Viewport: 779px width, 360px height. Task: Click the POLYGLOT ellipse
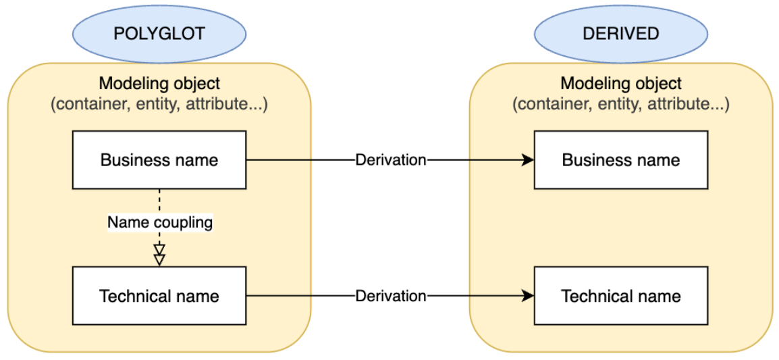[159, 32]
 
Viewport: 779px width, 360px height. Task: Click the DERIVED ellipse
[620, 32]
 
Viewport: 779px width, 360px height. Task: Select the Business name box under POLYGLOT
[159, 160]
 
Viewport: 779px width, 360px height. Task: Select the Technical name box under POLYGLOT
[159, 296]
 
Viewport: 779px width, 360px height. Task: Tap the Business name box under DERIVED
[620, 160]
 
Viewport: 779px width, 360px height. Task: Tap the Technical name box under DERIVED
[620, 296]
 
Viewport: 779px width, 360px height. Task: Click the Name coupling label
[160, 222]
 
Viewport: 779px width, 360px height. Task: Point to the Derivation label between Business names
[391, 160]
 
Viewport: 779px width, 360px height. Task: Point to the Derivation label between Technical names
[391, 296]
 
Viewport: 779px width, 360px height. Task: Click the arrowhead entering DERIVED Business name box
[528, 160]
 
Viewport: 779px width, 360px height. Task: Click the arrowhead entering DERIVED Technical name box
[528, 296]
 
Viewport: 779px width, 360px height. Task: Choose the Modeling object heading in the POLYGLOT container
[159, 84]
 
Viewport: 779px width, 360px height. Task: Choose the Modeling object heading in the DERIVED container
[620, 84]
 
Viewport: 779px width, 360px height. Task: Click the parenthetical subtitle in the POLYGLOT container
[159, 105]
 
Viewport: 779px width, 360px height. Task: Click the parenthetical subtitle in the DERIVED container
[620, 105]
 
